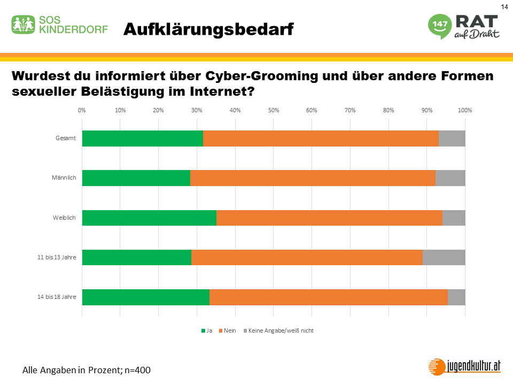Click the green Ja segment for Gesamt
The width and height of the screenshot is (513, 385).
(142, 138)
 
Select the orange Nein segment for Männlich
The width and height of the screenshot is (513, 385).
(313, 178)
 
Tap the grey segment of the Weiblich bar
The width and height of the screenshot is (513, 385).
(454, 218)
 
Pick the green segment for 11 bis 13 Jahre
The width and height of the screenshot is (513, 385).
(136, 257)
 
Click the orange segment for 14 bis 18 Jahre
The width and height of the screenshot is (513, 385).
(328, 297)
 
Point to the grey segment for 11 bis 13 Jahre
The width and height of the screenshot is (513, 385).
(444, 257)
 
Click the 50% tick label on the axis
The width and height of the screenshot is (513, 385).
(273, 110)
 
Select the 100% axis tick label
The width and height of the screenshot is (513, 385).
(464, 110)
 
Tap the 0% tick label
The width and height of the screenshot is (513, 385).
(82, 110)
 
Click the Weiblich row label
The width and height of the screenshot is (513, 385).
(65, 218)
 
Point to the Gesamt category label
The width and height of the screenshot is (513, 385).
(66, 138)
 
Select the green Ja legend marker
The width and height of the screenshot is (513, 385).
(203, 331)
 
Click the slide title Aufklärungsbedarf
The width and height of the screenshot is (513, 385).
(208, 29)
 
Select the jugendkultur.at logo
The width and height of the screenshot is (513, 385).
(465, 366)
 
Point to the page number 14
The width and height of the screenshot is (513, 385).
(504, 6)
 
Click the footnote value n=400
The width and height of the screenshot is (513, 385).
(136, 369)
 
